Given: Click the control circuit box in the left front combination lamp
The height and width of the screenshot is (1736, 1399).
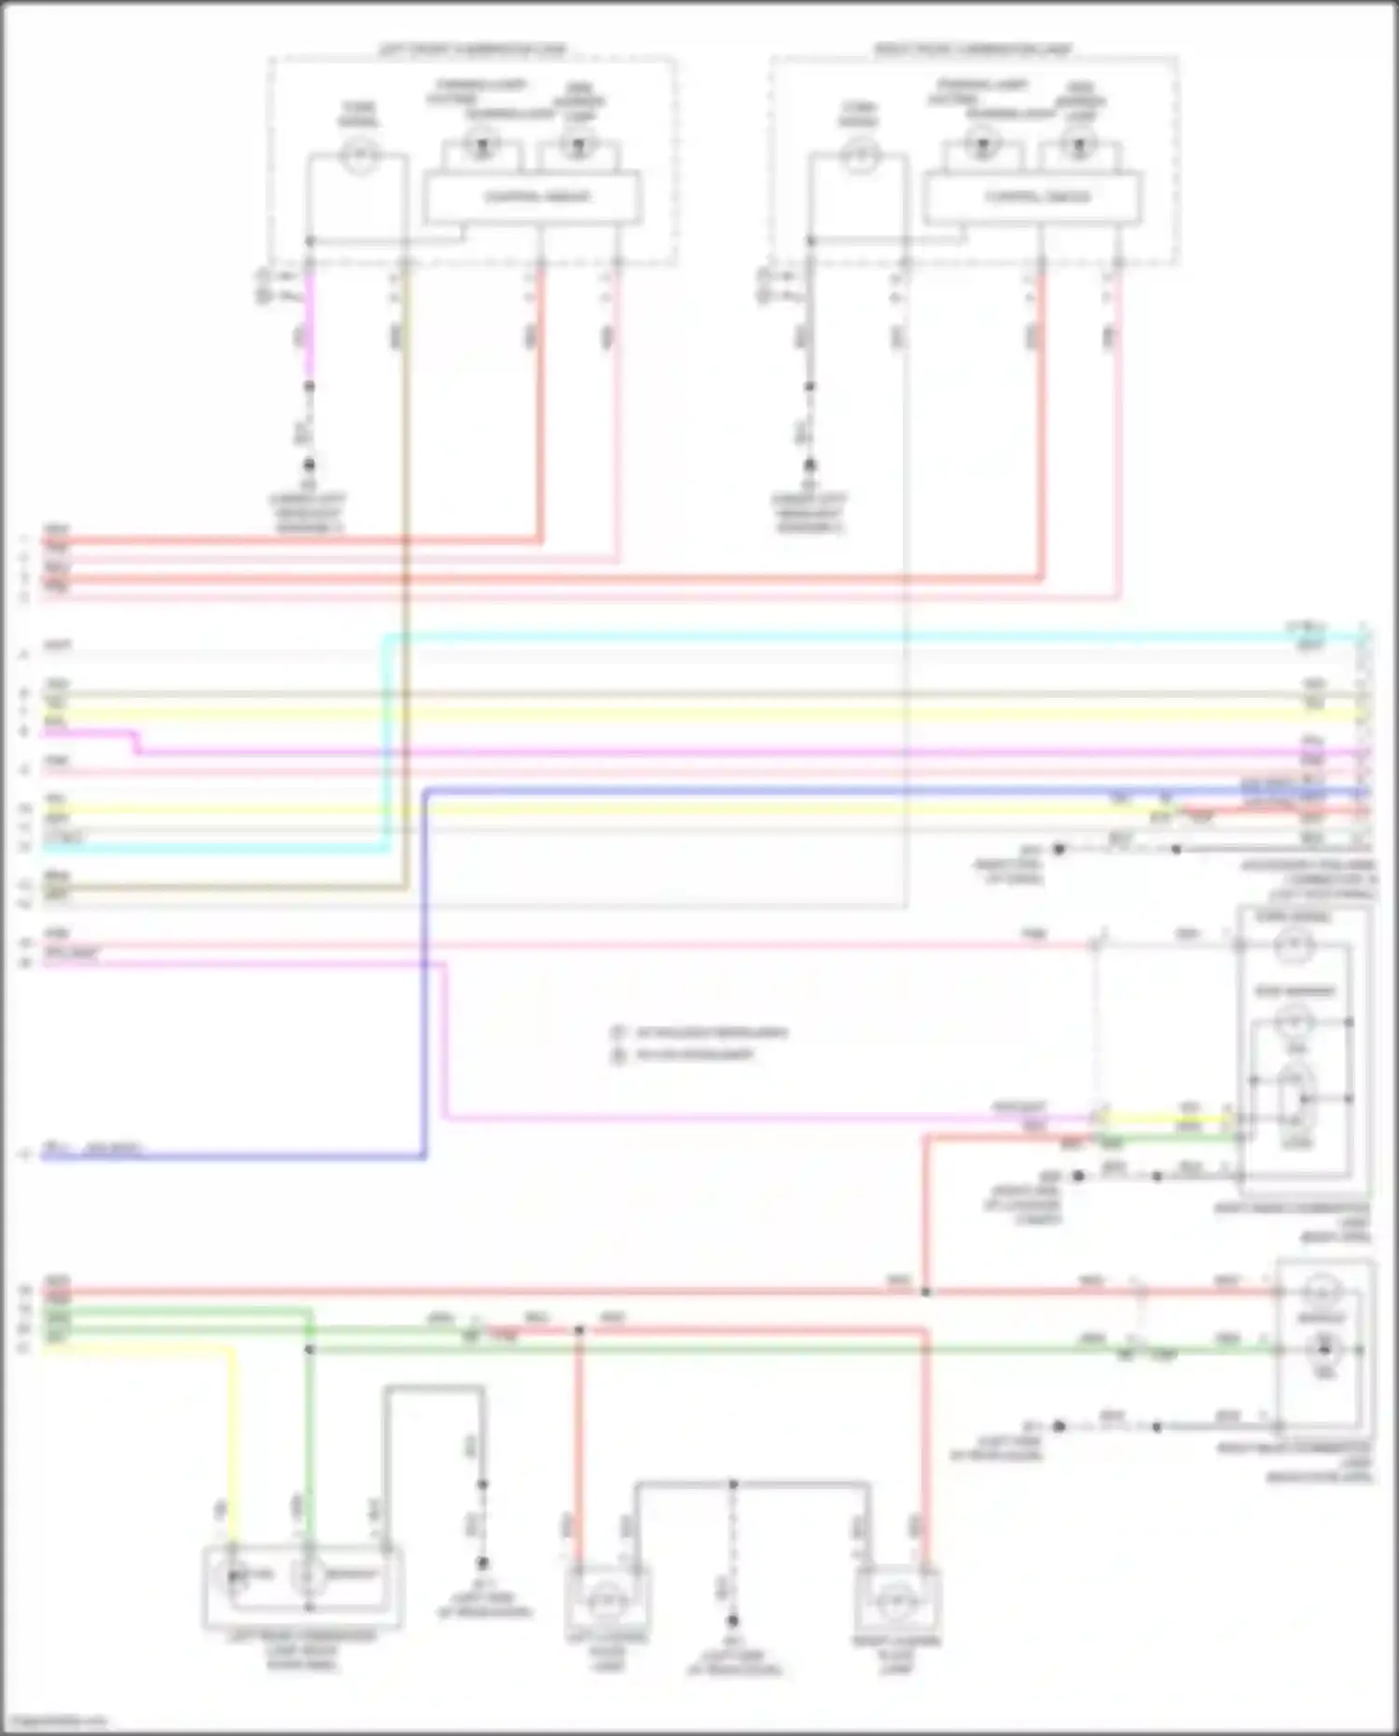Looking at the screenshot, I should [x=532, y=197].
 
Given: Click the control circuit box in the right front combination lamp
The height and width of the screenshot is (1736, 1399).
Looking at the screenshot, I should [x=1032, y=197].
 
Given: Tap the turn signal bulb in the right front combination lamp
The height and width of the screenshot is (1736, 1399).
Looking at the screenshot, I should [x=859, y=154].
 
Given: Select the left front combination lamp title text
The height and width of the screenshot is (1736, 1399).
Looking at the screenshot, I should [x=472, y=49].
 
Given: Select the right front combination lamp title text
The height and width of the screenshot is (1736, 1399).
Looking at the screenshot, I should [x=973, y=49].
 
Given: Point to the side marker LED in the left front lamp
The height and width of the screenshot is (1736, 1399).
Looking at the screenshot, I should [x=578, y=146].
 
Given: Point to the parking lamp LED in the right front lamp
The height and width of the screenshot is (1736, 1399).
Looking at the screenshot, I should [x=981, y=146].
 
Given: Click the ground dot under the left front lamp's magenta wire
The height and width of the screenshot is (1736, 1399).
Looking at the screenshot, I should [x=309, y=465].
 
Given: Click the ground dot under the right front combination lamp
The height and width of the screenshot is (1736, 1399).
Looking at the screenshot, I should [x=810, y=465].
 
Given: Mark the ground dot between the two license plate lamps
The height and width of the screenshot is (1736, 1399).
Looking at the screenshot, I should [x=733, y=1620].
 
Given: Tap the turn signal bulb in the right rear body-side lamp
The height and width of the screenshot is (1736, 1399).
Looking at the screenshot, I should [x=1295, y=948].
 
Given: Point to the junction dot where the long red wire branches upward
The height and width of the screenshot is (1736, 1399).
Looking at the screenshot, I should [x=925, y=1292].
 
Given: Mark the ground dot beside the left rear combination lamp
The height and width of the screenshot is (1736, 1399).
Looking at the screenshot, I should [x=483, y=1562].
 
